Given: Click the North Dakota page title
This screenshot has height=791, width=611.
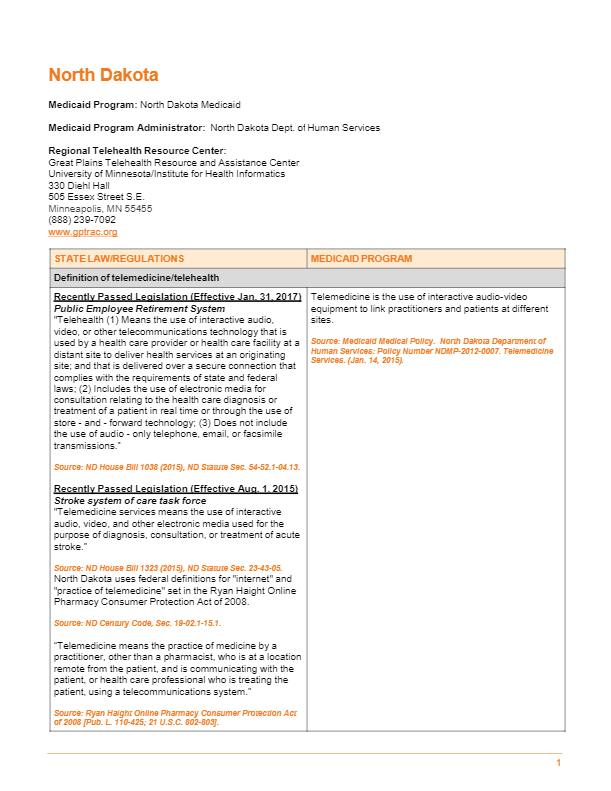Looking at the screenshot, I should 103,76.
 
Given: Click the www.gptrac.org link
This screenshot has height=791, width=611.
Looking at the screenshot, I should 83,232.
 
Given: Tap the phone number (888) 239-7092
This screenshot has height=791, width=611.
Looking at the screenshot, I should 82,220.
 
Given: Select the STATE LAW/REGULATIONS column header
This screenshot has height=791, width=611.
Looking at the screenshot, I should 119,259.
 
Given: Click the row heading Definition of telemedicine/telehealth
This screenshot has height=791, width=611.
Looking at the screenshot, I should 136,278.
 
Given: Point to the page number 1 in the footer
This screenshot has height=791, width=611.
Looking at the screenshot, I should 559,763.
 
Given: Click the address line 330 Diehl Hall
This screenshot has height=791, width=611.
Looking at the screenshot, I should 79,185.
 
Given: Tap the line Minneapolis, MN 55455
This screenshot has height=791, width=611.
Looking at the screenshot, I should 100,208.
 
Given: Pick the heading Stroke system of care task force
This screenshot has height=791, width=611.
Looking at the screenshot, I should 129,500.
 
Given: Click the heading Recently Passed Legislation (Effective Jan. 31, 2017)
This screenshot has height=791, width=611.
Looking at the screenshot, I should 177,297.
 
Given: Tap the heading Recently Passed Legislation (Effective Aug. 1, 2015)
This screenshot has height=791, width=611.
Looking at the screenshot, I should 175,489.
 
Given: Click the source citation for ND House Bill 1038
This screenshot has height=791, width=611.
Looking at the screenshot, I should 176,467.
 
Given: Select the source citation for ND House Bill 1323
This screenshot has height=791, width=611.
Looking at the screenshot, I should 167,567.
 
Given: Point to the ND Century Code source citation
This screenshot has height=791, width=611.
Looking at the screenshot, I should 137,623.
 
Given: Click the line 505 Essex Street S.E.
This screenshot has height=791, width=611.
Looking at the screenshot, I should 96,197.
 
